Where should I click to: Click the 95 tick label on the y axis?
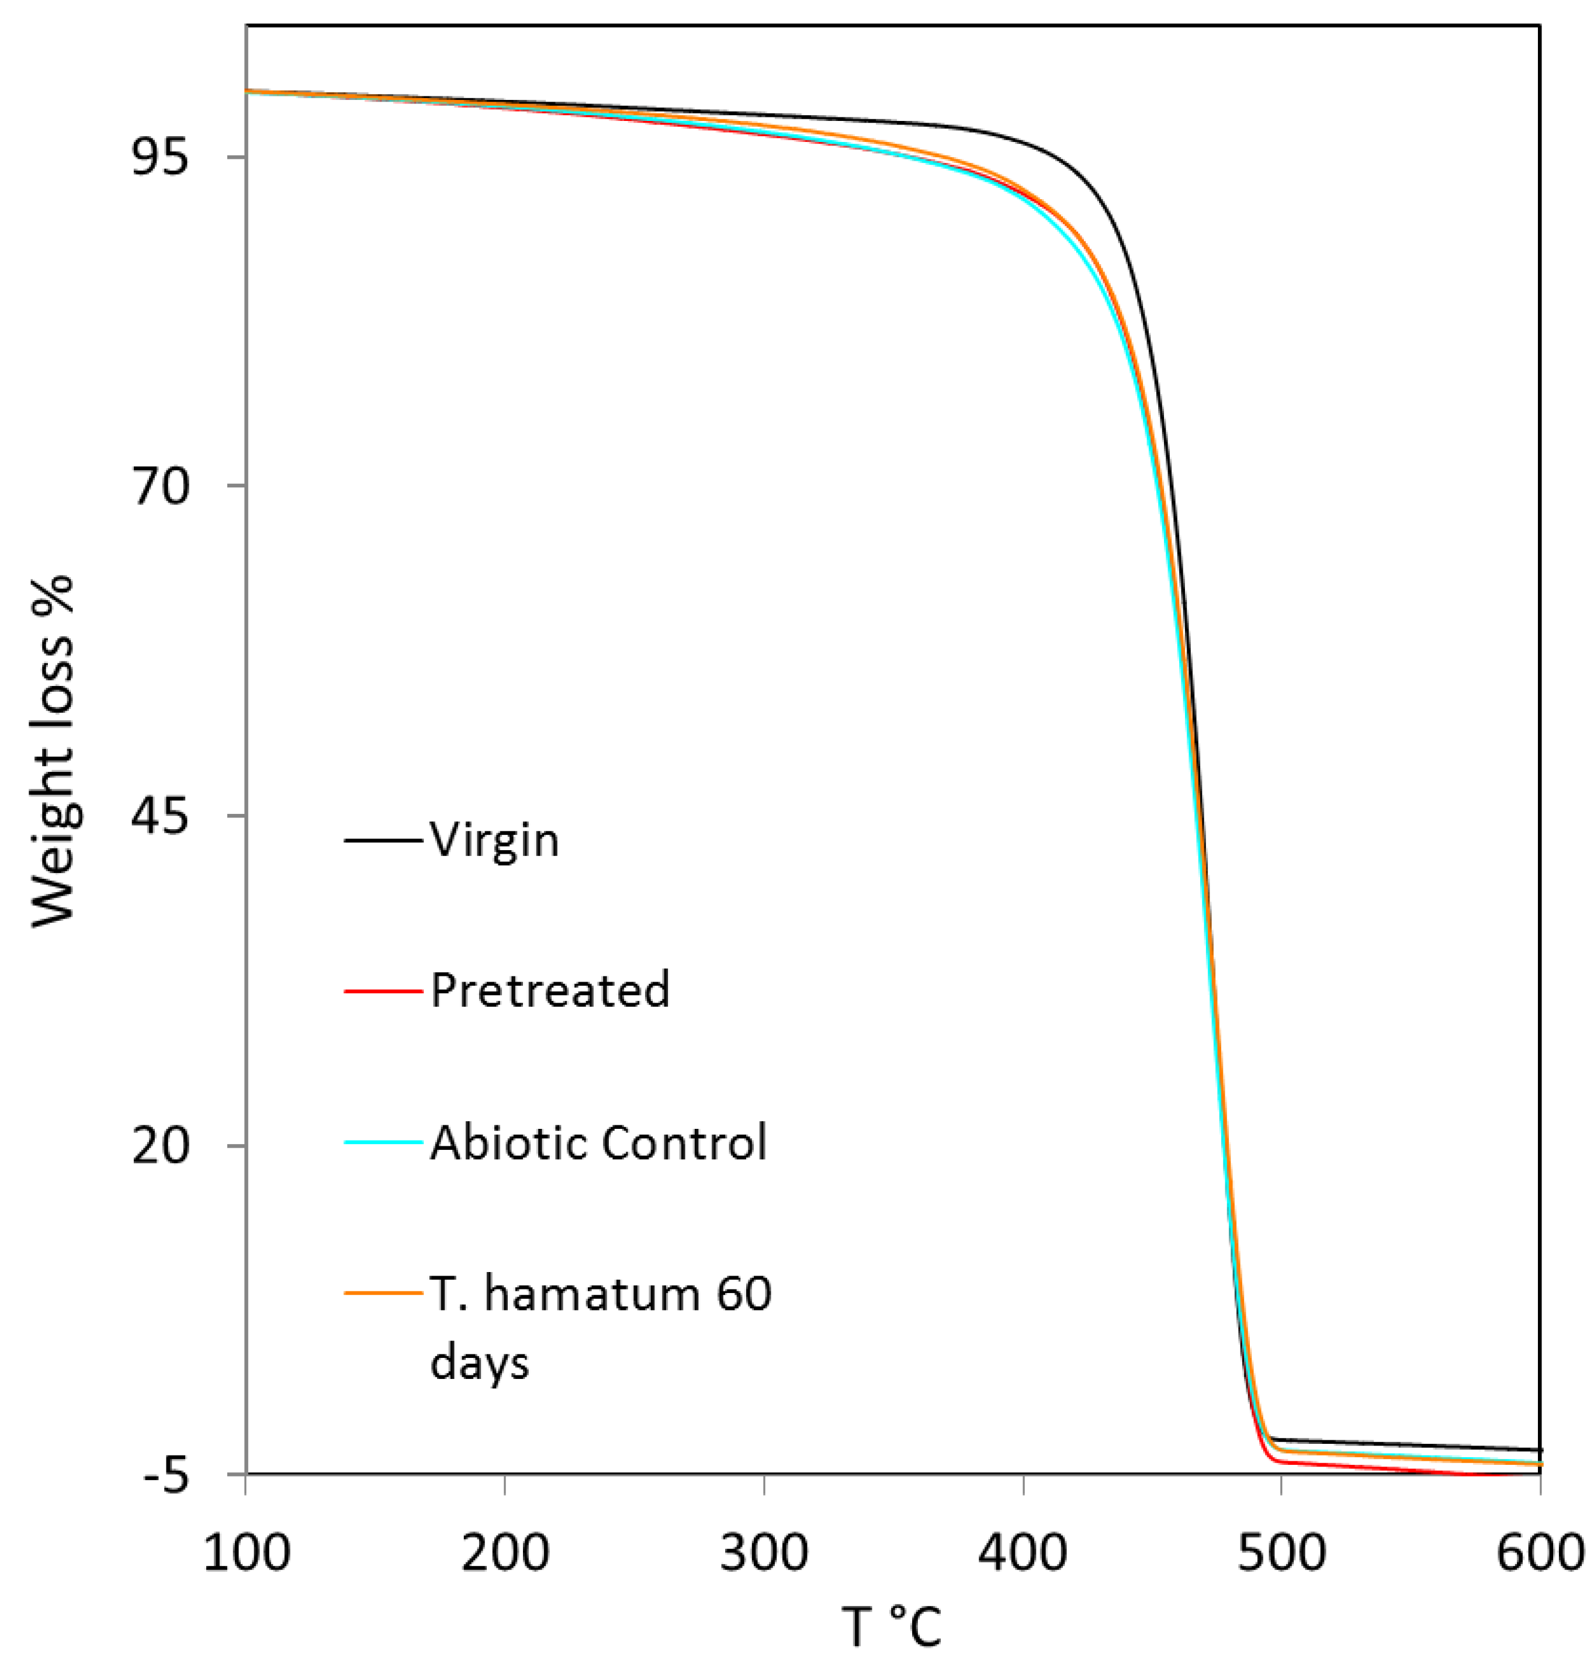[160, 158]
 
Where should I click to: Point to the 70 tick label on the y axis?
[160, 488]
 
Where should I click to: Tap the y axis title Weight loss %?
[55, 752]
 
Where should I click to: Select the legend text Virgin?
[495, 840]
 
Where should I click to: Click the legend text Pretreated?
[550, 989]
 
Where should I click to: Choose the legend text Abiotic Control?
[598, 1142]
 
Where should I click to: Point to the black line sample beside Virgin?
[383, 840]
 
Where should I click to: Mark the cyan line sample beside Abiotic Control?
[383, 1142]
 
